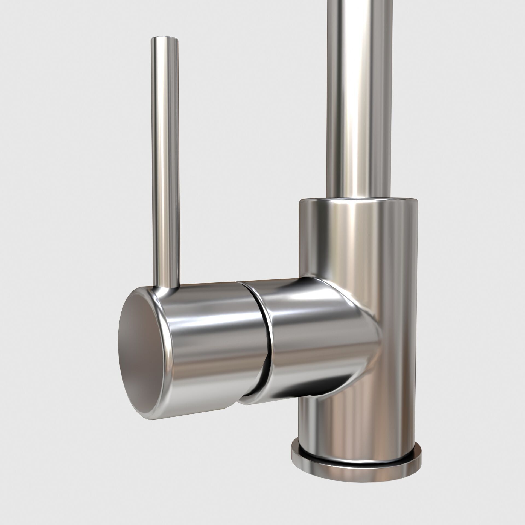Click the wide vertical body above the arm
click(x=358, y=241)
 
